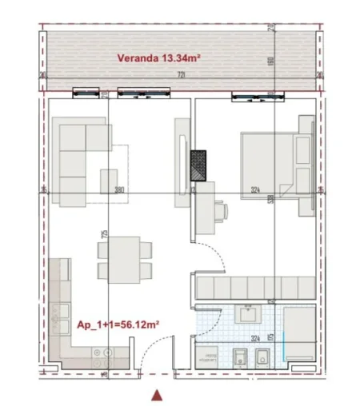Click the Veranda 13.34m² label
click(158, 58)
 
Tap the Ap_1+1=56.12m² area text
click(118, 326)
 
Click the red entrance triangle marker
click(158, 394)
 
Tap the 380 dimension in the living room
click(119, 190)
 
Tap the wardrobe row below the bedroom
click(254, 286)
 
